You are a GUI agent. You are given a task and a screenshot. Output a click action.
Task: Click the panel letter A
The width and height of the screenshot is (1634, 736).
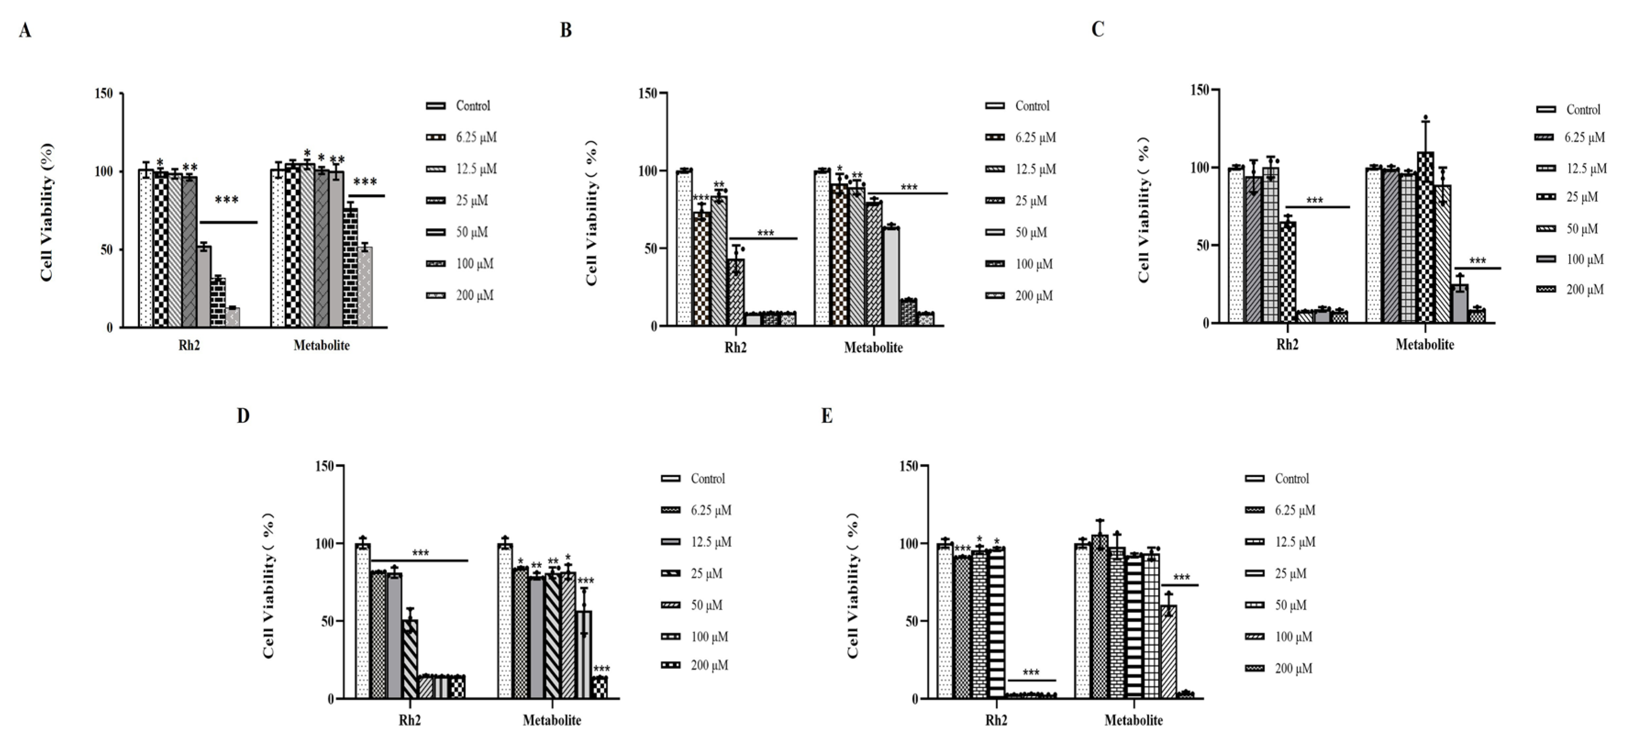(25, 30)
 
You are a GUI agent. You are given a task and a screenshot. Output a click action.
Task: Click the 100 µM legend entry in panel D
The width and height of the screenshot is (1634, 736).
(695, 636)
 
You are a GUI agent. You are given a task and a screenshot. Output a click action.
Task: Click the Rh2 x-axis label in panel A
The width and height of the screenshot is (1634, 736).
(189, 346)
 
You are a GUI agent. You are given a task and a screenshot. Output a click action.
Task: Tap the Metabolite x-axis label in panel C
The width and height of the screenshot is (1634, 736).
(1425, 344)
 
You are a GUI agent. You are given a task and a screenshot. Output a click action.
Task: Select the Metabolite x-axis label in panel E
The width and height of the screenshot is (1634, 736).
(1133, 720)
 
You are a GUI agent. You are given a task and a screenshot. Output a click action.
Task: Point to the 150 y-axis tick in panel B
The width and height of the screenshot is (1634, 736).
(647, 93)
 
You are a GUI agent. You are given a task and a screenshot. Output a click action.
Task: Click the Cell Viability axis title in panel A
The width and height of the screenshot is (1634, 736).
(47, 212)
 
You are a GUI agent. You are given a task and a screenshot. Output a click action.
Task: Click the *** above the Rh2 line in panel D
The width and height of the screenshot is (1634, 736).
(421, 553)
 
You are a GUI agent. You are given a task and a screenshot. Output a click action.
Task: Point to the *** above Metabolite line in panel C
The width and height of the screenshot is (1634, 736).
(1478, 261)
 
